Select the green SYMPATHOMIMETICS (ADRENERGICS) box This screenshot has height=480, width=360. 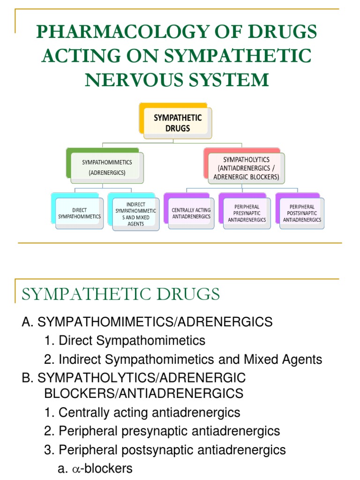point(107,167)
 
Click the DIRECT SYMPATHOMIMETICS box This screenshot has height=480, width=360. point(79,213)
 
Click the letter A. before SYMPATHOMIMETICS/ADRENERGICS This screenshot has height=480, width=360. point(27,322)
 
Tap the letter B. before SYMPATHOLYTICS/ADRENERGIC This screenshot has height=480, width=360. point(27,378)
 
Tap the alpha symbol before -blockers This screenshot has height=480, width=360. point(76,468)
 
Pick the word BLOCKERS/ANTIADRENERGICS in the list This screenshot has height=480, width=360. point(143,393)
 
